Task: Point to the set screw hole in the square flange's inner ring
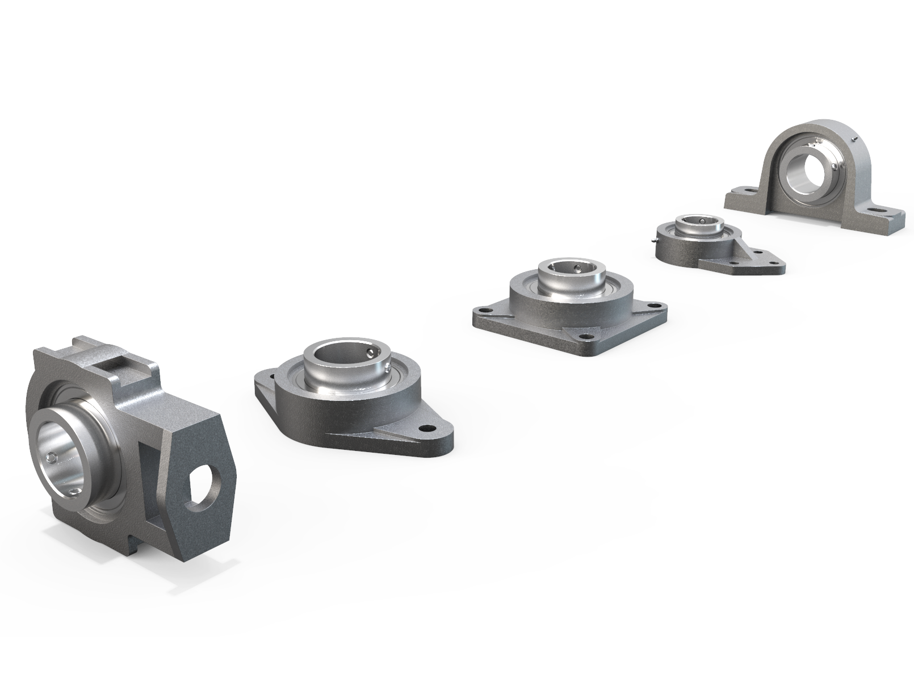coord(573,267)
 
